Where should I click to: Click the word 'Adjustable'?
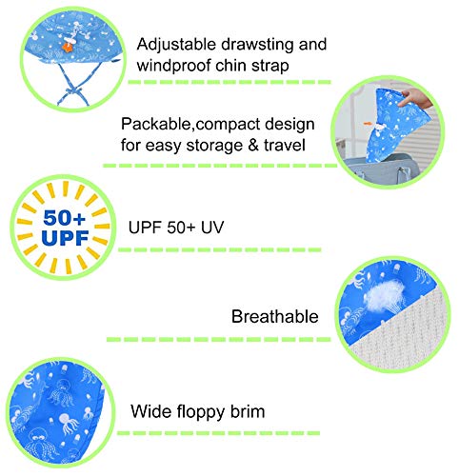coord(176,45)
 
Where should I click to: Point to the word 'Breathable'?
coord(275,316)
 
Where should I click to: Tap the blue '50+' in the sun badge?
coord(65,217)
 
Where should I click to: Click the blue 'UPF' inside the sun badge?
coord(65,238)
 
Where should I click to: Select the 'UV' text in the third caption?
coord(212,228)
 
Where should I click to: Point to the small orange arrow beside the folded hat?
coord(368,123)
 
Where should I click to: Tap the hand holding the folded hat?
coord(415,98)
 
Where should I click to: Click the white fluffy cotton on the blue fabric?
coord(385,296)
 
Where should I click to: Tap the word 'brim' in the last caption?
coord(248,411)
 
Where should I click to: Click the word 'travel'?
coord(285,146)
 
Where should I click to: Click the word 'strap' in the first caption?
coord(270,67)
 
